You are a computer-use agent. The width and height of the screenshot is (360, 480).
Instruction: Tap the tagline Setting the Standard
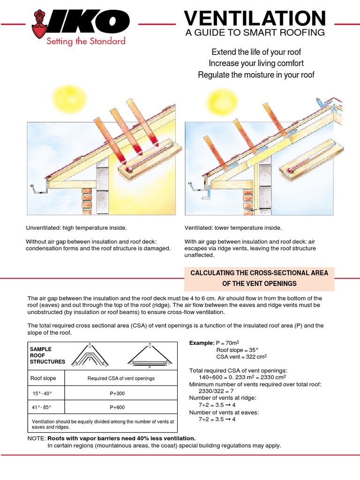[x=85, y=41]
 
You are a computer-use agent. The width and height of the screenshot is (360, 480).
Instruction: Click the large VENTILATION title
[x=255, y=18]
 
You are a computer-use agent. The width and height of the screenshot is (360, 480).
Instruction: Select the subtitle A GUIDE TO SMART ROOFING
[x=255, y=32]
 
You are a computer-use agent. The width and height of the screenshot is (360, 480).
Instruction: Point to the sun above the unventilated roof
[x=69, y=97]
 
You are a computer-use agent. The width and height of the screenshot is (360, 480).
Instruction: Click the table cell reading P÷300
[x=120, y=393]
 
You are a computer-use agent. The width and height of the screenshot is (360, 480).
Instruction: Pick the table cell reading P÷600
[x=120, y=407]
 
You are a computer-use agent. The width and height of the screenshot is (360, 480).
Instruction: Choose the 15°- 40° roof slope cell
[x=42, y=393]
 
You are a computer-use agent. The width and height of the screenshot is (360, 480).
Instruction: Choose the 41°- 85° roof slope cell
[x=42, y=407]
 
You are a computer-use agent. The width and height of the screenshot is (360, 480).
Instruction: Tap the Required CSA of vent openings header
[x=120, y=378]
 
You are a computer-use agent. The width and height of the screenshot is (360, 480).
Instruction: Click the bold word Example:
[x=201, y=343]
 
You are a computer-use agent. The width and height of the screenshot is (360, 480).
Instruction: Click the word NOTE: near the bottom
[x=37, y=438]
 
